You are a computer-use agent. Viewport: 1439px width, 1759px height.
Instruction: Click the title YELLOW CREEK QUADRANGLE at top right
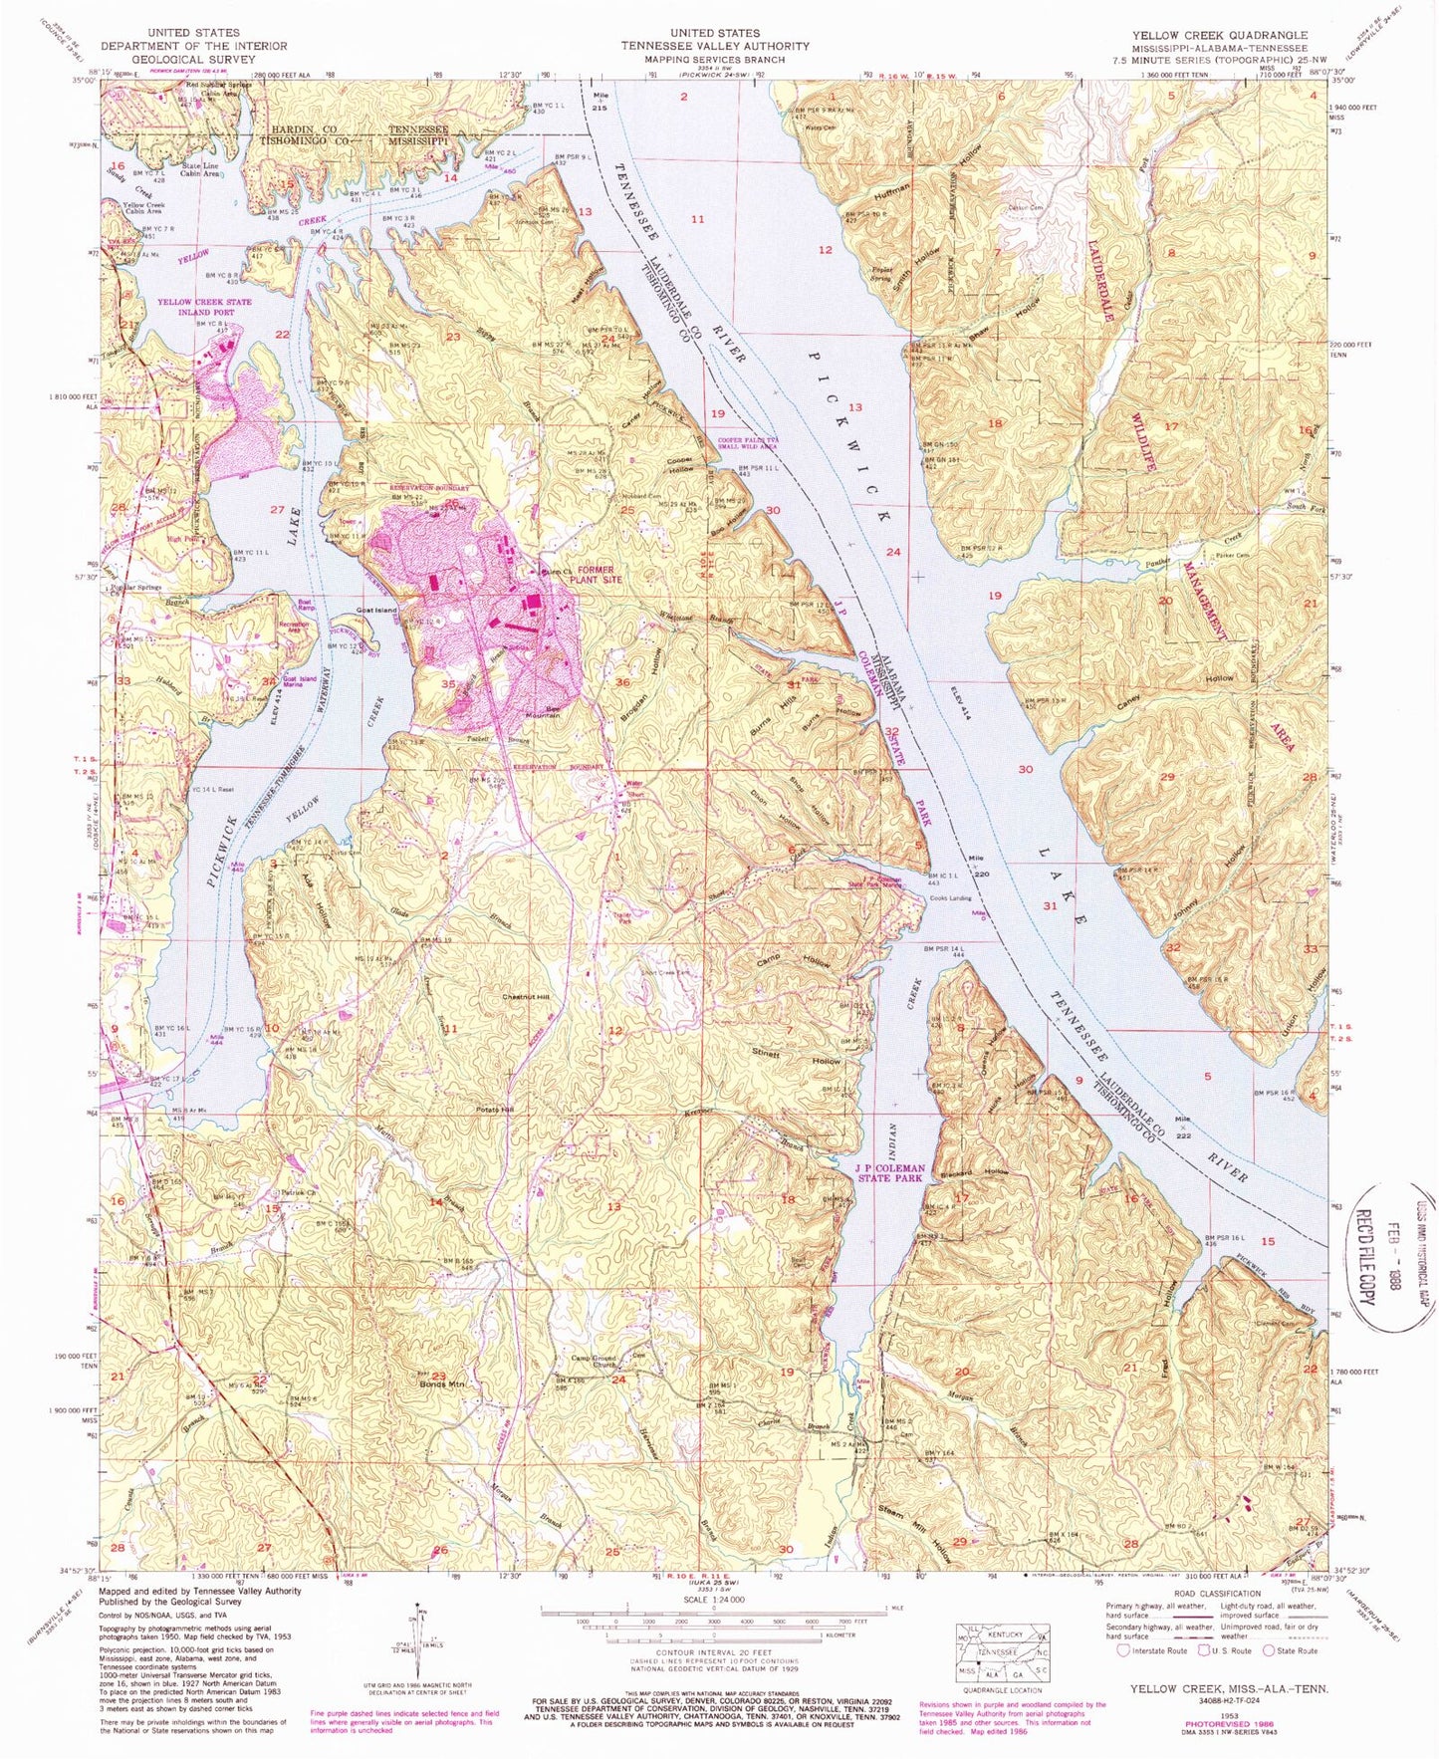pos(1219,35)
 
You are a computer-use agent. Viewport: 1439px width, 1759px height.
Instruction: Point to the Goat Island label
pos(377,610)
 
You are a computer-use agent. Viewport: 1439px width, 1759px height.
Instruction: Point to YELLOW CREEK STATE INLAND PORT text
pos(204,307)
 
